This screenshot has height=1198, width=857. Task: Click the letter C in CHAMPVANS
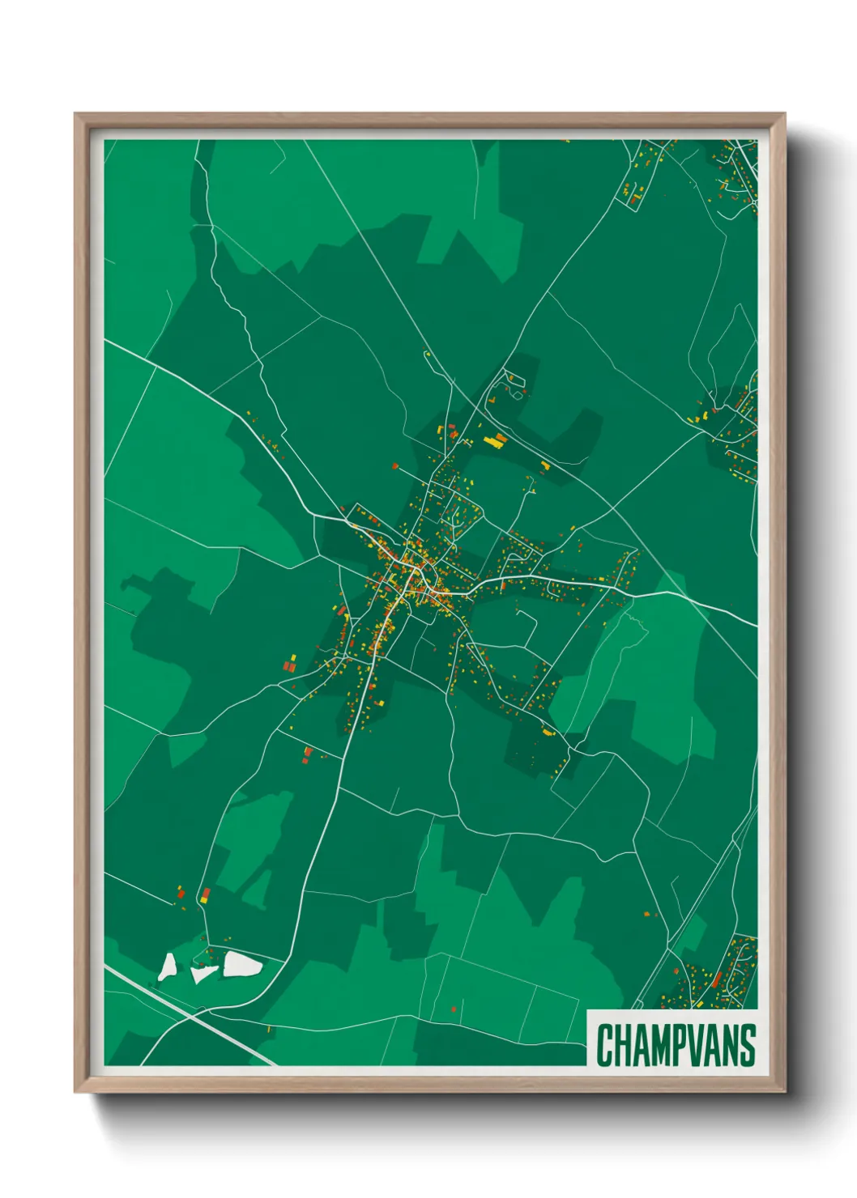(605, 1045)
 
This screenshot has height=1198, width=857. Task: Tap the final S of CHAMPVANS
(747, 1045)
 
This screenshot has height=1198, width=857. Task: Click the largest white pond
(242, 964)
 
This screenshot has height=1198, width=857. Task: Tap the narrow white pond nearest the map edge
(168, 966)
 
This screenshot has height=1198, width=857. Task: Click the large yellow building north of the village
(494, 441)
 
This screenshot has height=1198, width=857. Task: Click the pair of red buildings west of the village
(289, 665)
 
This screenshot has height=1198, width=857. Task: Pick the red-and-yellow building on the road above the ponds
(206, 894)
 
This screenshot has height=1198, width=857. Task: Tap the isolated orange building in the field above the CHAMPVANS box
(646, 914)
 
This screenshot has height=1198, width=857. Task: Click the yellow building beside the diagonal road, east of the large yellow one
(545, 465)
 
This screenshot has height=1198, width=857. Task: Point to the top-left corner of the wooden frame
(75, 114)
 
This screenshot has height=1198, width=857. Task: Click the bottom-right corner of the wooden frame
(784, 1091)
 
